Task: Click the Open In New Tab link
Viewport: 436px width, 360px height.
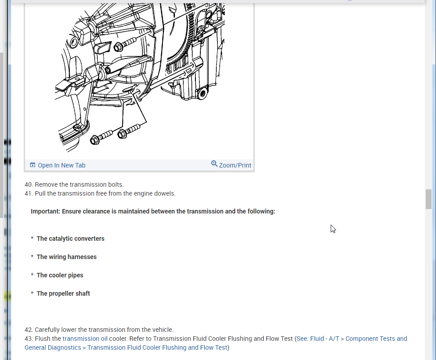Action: click(x=61, y=165)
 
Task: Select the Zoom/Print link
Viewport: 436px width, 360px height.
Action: click(x=235, y=165)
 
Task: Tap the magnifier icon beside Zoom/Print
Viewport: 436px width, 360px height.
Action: click(x=214, y=164)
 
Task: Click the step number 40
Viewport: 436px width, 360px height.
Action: click(x=28, y=184)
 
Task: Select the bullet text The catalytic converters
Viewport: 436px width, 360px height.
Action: click(x=71, y=239)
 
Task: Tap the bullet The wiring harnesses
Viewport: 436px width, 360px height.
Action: click(x=66, y=257)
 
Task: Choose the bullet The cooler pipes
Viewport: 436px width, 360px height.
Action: click(x=60, y=275)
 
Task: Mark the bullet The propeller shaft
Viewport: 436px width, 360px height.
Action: click(x=63, y=293)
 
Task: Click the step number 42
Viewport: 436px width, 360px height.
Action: click(x=28, y=330)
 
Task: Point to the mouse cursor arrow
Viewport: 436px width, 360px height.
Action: click(x=332, y=228)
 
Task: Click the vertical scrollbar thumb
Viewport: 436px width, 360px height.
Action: click(x=428, y=199)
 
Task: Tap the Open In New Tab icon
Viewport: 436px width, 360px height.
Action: click(x=33, y=165)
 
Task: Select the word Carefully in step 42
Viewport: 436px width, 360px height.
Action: click(x=48, y=330)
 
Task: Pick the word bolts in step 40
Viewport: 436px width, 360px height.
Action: click(x=115, y=184)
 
